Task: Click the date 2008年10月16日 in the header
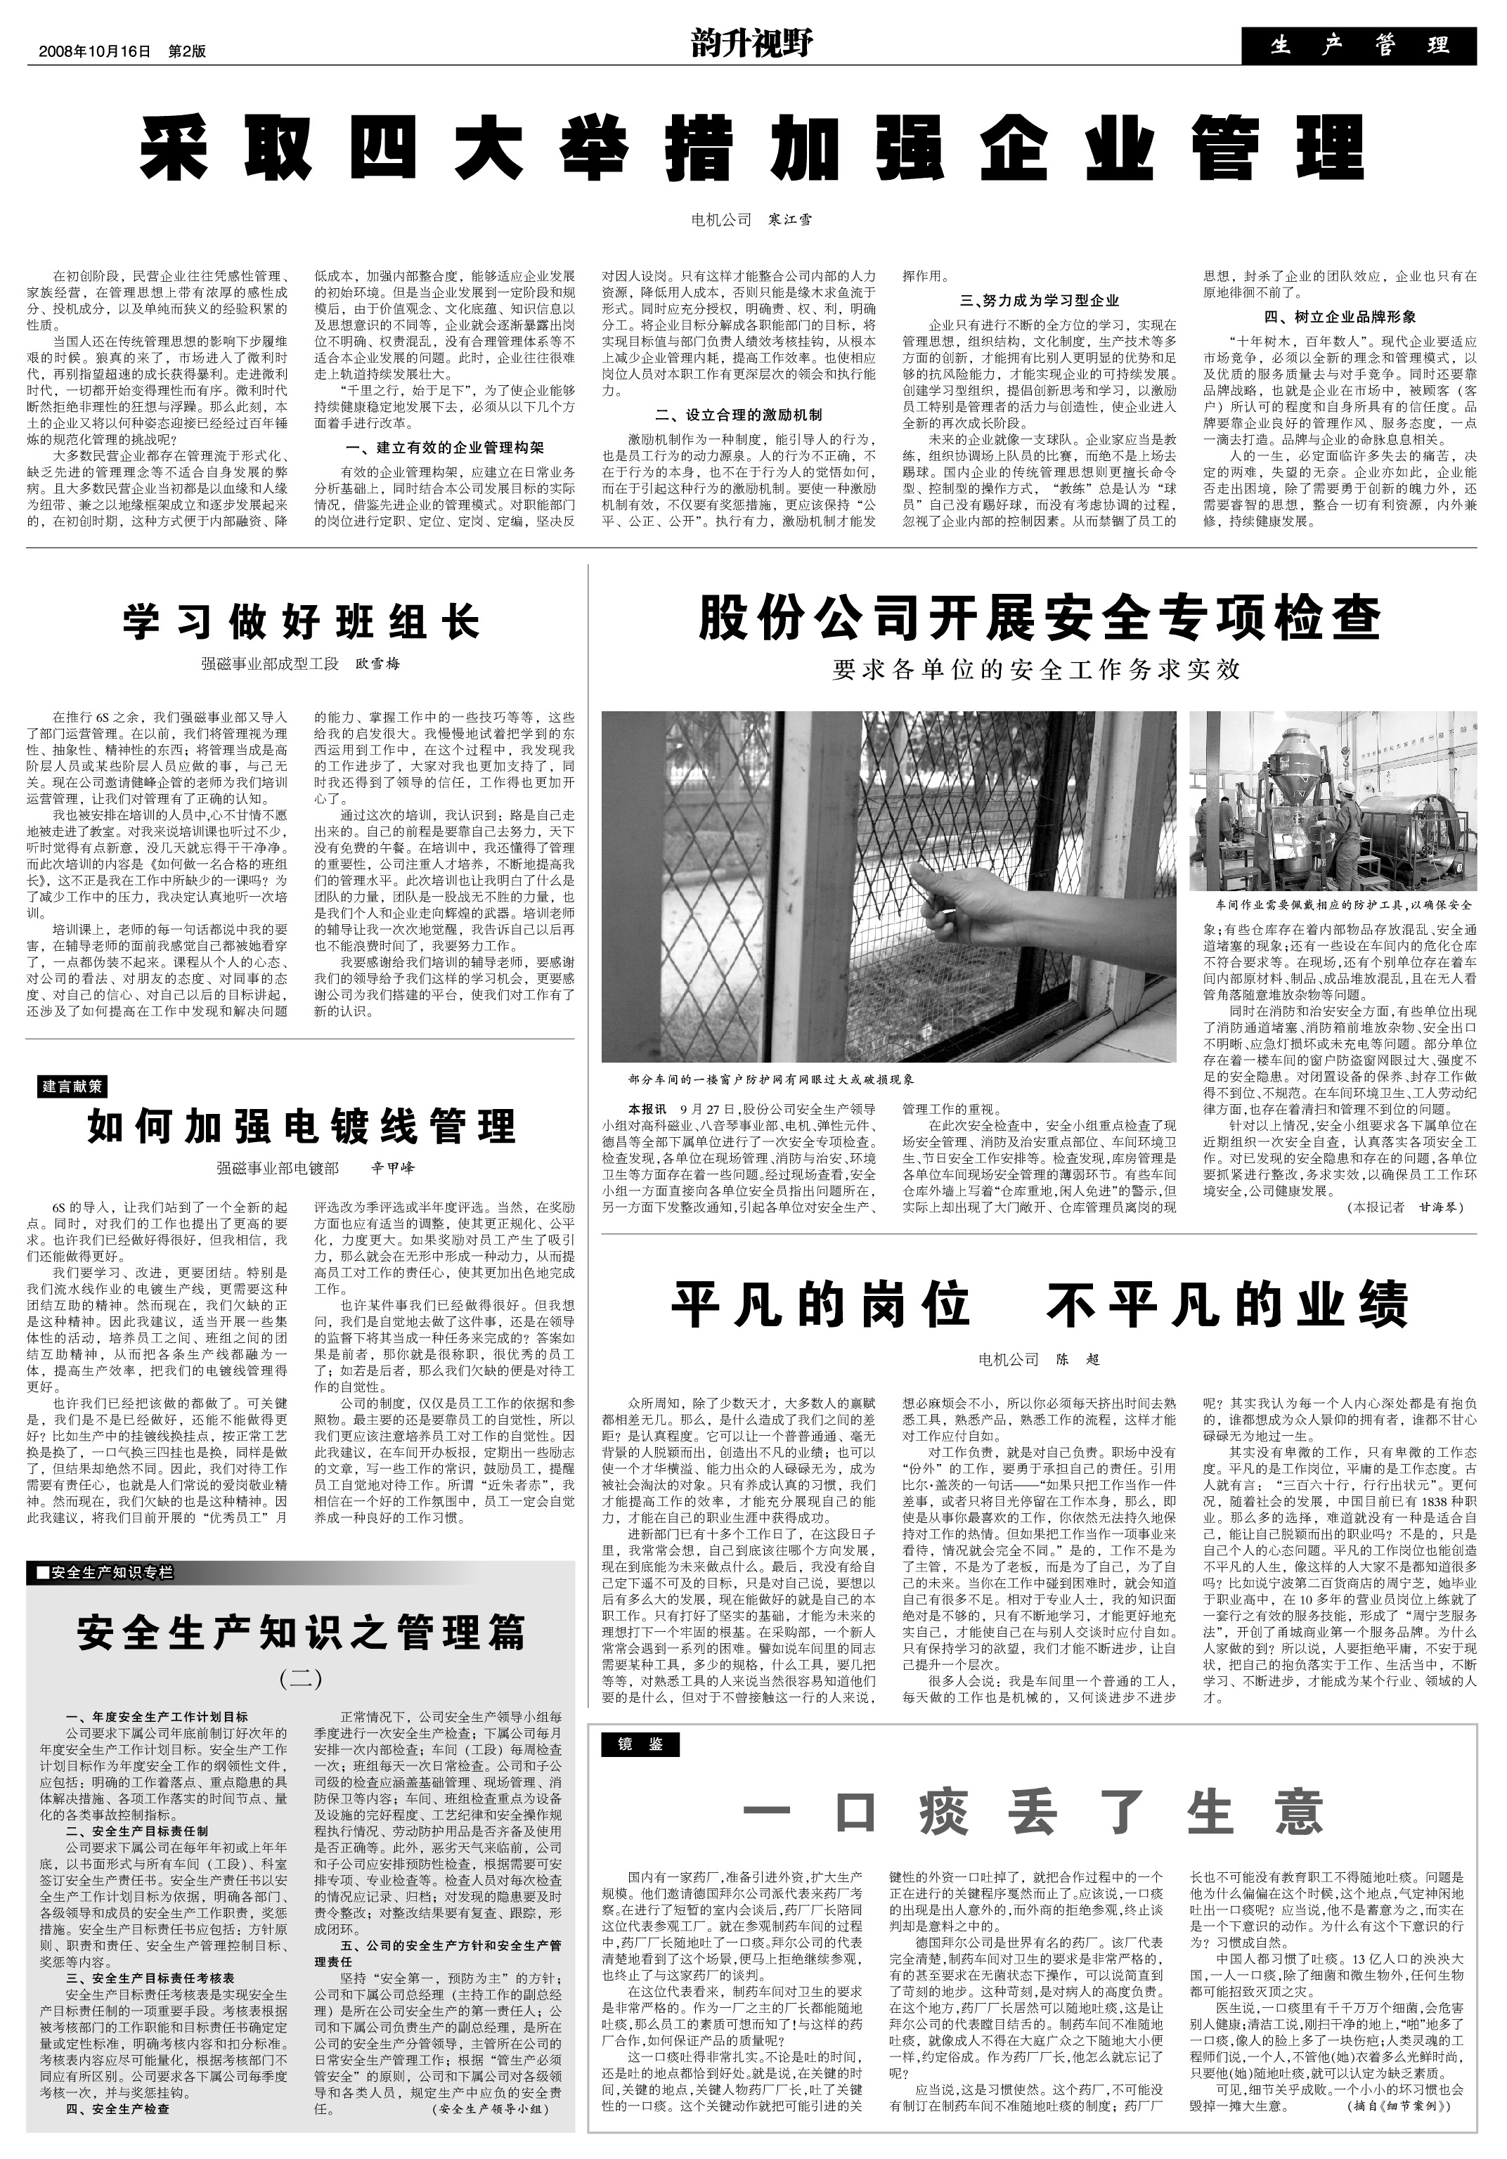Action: coord(94,52)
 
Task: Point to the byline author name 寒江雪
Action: coord(790,220)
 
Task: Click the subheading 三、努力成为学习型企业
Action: coord(1039,301)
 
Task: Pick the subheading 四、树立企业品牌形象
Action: coord(1340,317)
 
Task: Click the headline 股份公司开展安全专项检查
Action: coord(1039,618)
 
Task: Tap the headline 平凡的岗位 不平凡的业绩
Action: coord(1039,1305)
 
